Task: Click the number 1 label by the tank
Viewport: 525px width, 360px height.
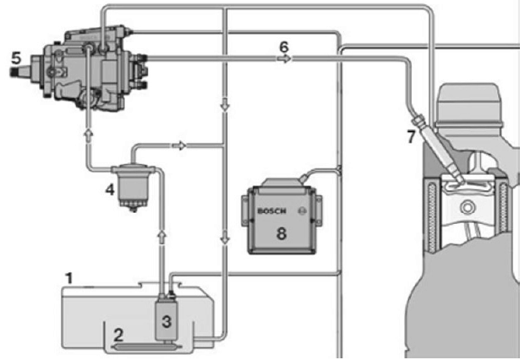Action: [x=70, y=277]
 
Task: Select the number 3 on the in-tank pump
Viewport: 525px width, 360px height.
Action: [x=166, y=321]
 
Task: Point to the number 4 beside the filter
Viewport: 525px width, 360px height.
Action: [x=110, y=189]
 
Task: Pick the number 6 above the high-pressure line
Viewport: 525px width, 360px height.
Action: [x=285, y=47]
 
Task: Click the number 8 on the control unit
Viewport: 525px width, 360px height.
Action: [x=282, y=232]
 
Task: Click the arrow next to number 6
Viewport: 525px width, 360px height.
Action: [x=286, y=60]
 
